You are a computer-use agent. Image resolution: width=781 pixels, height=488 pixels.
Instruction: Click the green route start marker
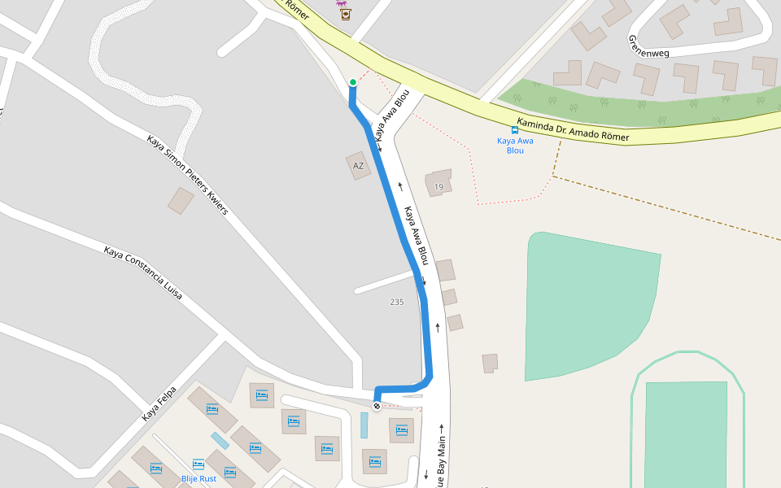coord(353,82)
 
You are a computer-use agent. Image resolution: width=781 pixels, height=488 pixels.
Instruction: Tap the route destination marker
coord(377,406)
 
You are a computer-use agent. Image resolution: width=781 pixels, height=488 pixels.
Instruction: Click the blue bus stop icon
coord(515,130)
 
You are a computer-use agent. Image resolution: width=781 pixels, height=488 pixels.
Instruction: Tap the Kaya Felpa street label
coord(159,403)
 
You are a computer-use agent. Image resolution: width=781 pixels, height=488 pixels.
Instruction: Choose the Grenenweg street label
coord(648,45)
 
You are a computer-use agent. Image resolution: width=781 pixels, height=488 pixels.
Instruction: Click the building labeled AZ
coord(358,166)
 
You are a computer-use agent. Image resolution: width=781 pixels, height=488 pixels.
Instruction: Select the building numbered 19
coord(438,183)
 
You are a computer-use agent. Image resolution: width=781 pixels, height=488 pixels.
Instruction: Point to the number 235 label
coord(396,302)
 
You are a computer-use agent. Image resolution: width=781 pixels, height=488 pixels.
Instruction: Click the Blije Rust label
coord(199,479)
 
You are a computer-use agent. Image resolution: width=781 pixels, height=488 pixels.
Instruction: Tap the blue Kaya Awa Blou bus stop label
coord(515,145)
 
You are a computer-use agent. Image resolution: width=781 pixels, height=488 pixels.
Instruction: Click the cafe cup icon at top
coord(346,14)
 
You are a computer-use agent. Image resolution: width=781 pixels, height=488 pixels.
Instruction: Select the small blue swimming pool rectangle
coord(364,424)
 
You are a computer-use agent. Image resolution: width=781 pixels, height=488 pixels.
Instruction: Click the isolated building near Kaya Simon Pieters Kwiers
coord(181,201)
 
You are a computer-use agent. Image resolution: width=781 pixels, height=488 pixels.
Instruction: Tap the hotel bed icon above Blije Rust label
coord(198,464)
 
